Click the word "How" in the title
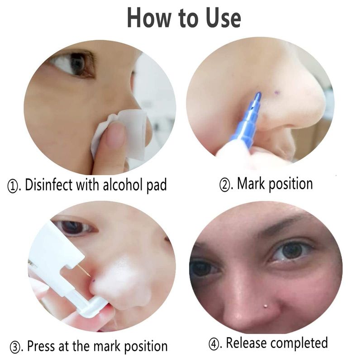150,18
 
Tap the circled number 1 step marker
13,186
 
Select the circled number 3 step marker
15,347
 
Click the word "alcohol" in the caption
123,185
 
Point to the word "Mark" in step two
251,184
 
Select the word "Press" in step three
41,346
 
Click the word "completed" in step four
299,343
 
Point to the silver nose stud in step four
265,306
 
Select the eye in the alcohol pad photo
74,63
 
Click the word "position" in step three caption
146,347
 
